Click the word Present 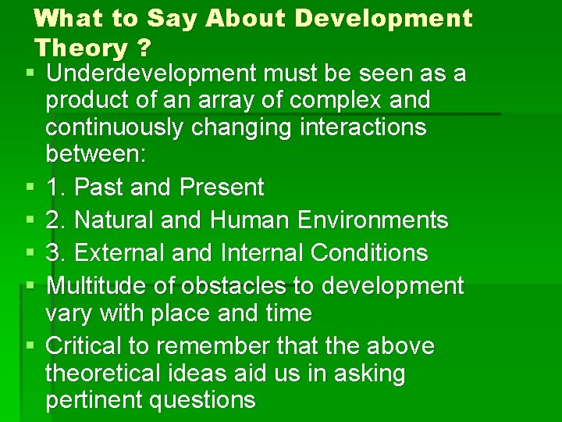(222, 188)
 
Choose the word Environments (373, 220)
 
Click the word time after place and (286, 313)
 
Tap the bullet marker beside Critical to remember (29, 346)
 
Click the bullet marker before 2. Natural (29, 220)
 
